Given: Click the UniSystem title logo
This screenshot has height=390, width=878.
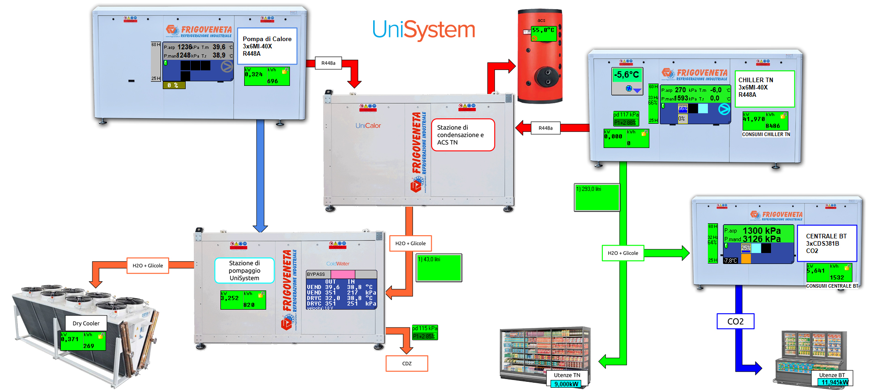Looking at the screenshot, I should (423, 30).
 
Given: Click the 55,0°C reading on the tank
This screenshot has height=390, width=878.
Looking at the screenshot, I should (543, 31).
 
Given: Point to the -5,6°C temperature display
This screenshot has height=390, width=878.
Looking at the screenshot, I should (626, 75).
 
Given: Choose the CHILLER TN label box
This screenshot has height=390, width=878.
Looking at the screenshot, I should (764, 89).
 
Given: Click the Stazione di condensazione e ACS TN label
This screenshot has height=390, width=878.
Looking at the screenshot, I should (463, 135).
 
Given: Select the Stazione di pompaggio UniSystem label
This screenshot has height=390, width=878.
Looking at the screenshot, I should (245, 270).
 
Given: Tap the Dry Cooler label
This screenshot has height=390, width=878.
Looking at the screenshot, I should (86, 323).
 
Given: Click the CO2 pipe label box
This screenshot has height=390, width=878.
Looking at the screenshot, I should (735, 321).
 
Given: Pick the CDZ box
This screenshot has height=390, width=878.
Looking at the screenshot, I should (407, 364).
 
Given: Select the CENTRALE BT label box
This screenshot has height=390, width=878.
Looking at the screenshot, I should (827, 243).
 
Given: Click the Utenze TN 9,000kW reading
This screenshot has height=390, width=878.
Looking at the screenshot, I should (567, 384).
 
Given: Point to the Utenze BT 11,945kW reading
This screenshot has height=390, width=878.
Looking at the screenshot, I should (835, 382).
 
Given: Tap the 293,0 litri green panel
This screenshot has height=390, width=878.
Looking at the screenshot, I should (597, 197).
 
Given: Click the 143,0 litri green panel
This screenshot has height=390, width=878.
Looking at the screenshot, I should (439, 268).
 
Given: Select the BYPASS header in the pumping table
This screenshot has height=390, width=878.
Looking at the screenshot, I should (316, 274).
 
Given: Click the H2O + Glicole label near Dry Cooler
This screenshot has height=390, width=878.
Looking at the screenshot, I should (148, 265).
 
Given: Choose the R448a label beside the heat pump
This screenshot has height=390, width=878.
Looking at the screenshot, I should (328, 63).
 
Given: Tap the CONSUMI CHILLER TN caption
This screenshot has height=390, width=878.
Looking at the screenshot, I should (766, 134).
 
